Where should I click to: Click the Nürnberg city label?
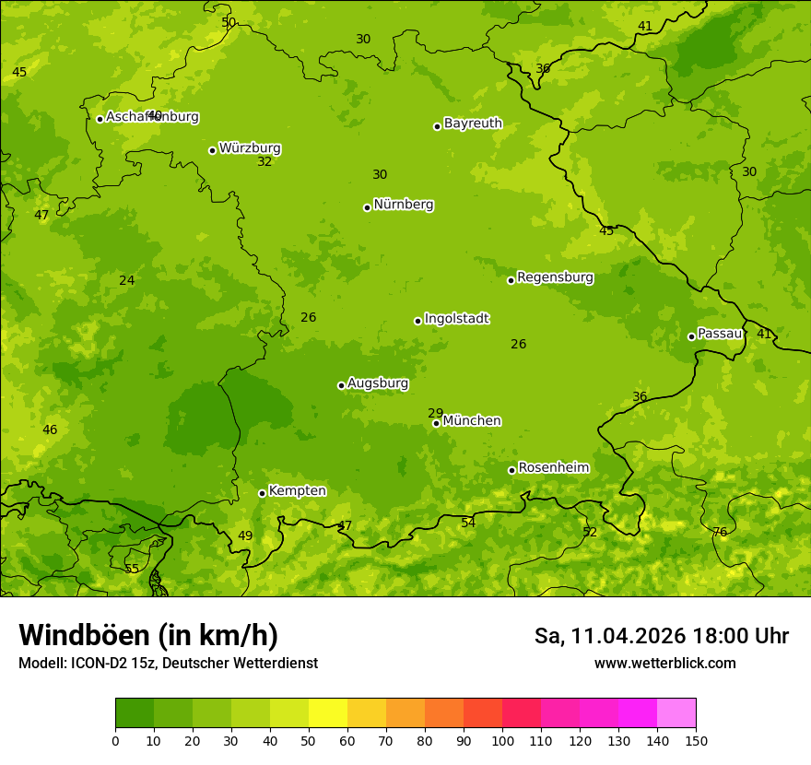click(403, 205)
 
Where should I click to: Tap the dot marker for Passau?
click(691, 336)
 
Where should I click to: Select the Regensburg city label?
click(555, 277)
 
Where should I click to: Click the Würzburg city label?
click(250, 148)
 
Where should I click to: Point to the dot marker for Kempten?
click(262, 493)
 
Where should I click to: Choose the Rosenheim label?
click(553, 468)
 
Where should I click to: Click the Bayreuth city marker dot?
click(437, 126)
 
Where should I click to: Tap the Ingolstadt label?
click(456, 319)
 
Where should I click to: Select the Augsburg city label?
click(378, 383)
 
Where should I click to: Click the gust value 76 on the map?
click(720, 532)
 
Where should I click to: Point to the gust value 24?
click(127, 280)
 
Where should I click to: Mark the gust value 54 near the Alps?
click(468, 523)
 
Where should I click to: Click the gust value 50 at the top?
click(229, 22)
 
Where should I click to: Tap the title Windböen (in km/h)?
click(148, 635)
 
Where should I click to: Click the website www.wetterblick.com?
click(664, 664)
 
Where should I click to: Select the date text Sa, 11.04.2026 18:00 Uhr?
click(661, 636)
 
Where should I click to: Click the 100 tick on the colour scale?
click(502, 740)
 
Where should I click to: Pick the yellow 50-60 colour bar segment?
click(328, 713)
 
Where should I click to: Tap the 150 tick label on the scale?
click(696, 740)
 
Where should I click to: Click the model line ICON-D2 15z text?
click(168, 664)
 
